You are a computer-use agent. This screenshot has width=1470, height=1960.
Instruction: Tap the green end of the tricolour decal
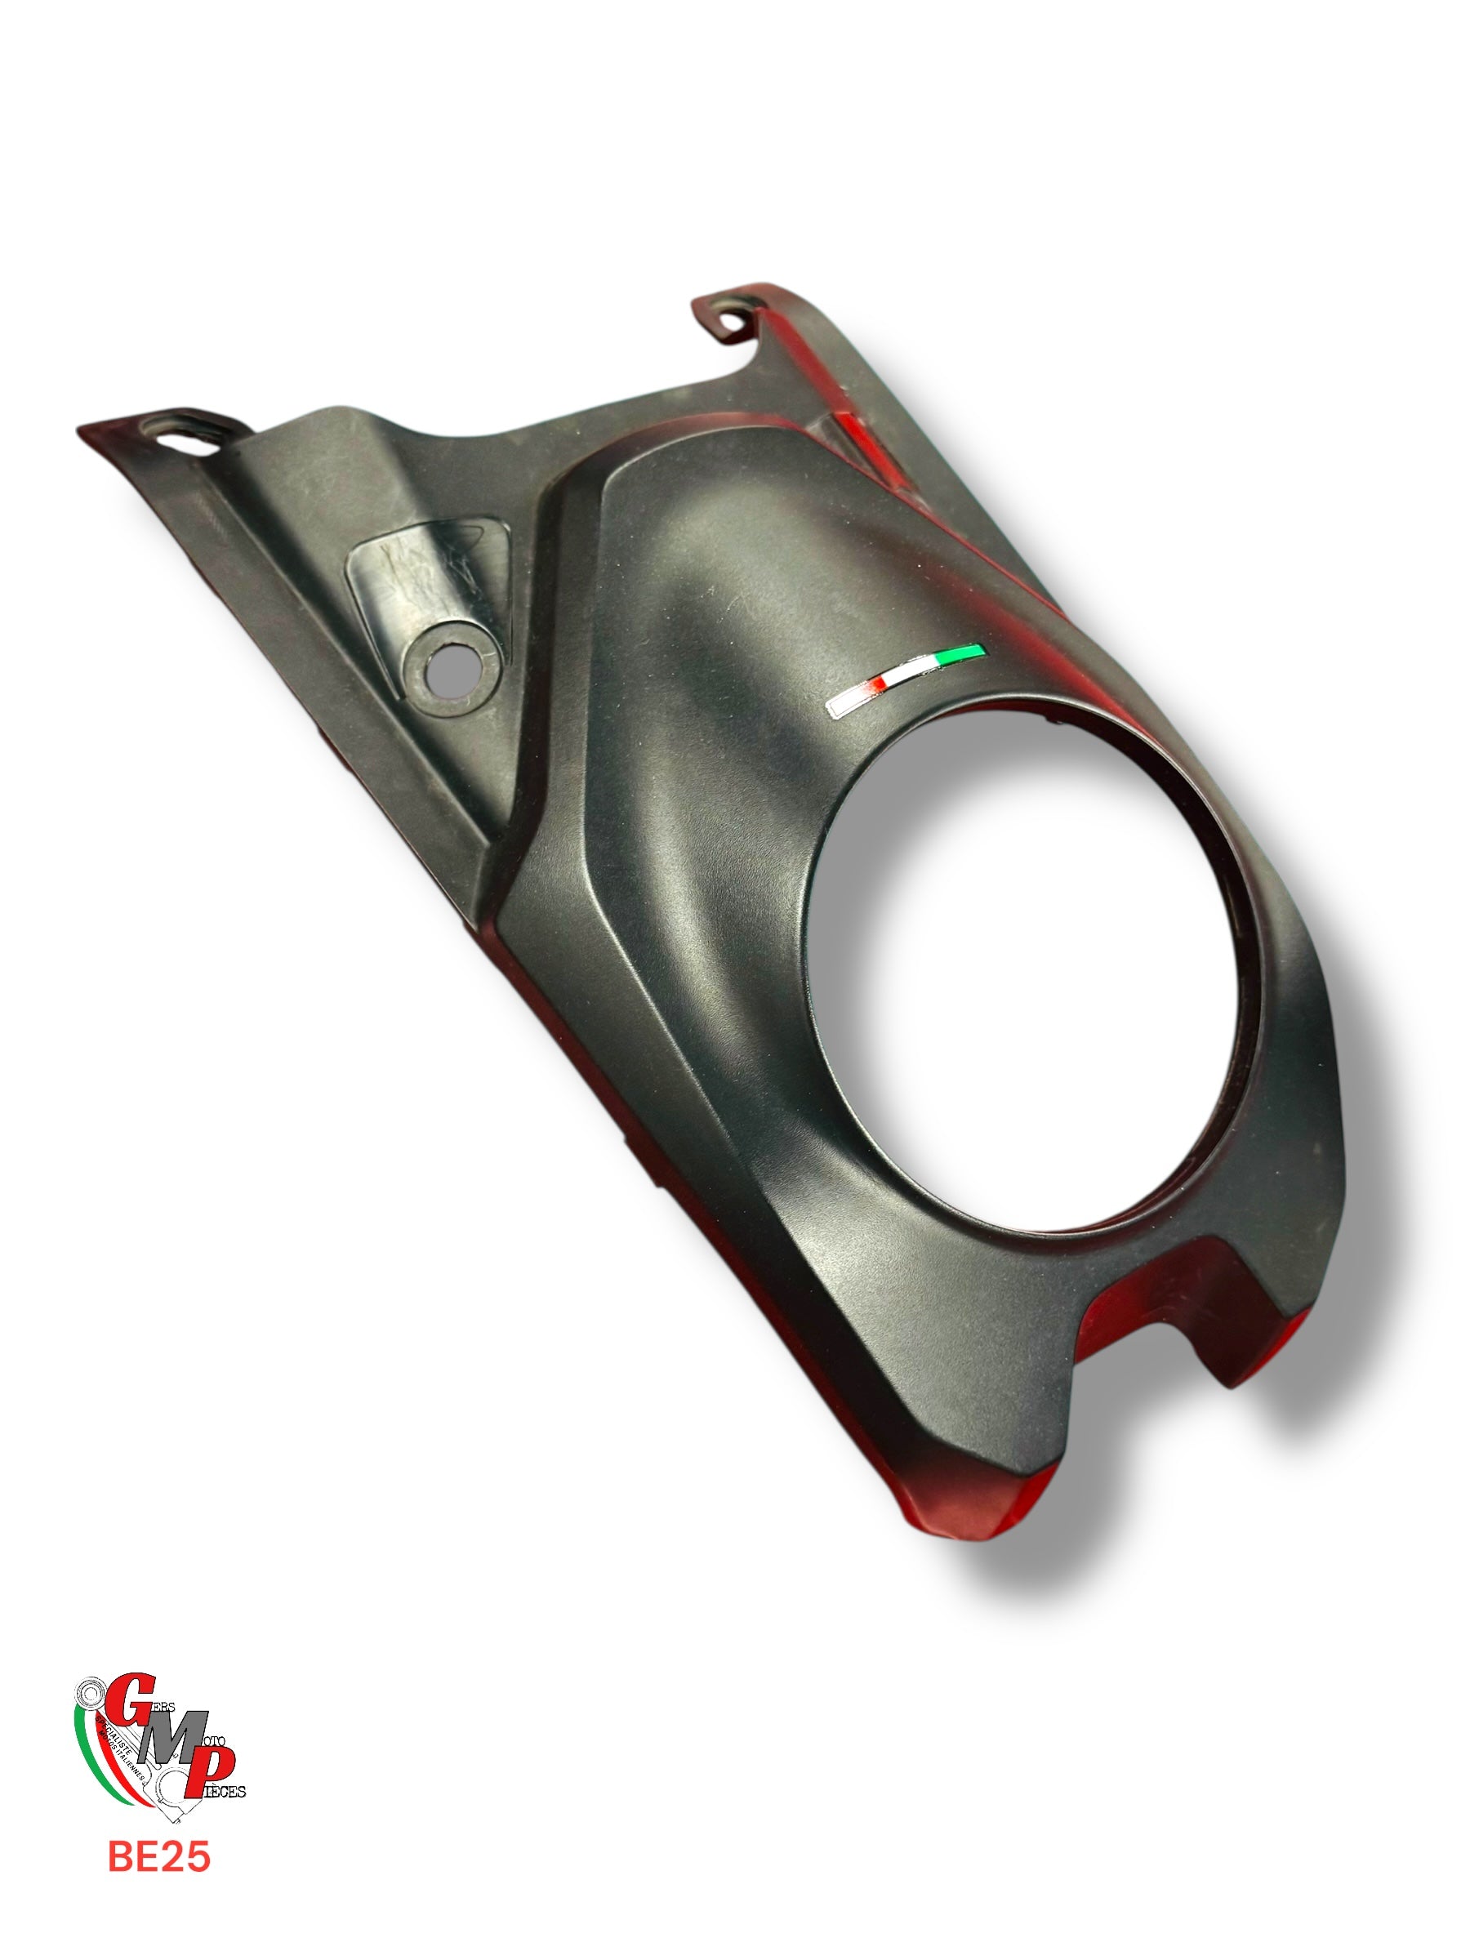[x=966, y=653]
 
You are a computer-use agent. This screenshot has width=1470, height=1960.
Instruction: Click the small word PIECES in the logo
[x=228, y=1793]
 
